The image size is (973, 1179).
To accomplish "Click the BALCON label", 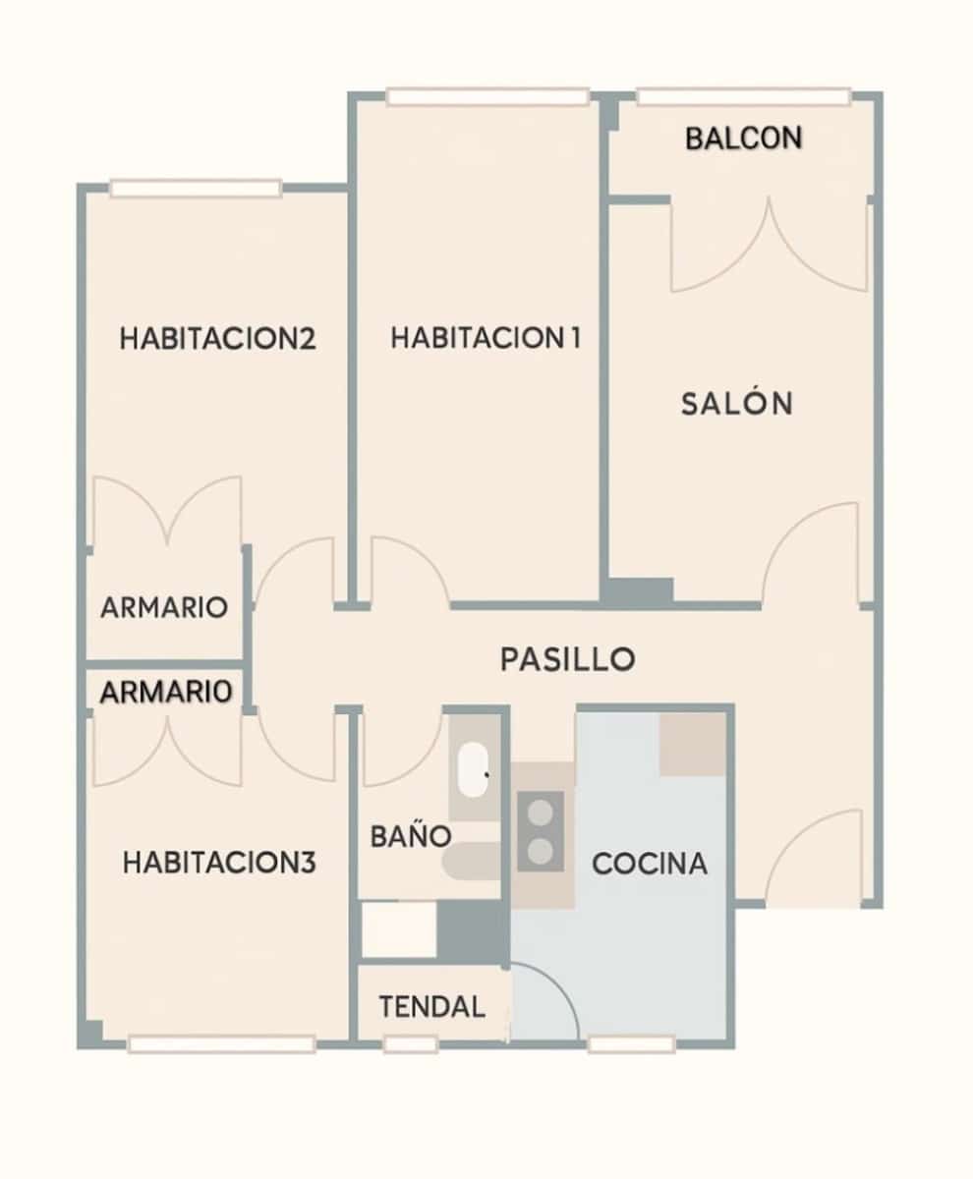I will pos(743,139).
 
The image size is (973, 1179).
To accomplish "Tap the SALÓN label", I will pos(736,404).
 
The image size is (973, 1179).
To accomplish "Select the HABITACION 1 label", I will pos(485,339).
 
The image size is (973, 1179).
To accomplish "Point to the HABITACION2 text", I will pos(217,339).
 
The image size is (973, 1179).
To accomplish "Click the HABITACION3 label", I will pos(219,864).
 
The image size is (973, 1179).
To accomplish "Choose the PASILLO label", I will pos(567,659).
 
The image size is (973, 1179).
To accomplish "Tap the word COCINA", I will pos(650,864).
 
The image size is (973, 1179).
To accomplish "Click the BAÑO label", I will pos(410,837).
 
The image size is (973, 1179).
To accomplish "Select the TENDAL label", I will pos(432,1007).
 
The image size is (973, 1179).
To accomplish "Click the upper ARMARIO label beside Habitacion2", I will pos(164,608).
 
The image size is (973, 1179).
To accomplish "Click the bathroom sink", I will pos(475,769).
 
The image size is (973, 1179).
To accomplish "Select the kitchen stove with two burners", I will pos(541,830).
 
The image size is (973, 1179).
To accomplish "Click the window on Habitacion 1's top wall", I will pos(487,97).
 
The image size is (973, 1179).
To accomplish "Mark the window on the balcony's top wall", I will pos(743,97).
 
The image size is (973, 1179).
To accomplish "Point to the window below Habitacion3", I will pos(221,1044).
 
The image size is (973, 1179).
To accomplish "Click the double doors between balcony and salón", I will pos(769,246).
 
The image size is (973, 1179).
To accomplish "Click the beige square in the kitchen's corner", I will pos(692,744).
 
